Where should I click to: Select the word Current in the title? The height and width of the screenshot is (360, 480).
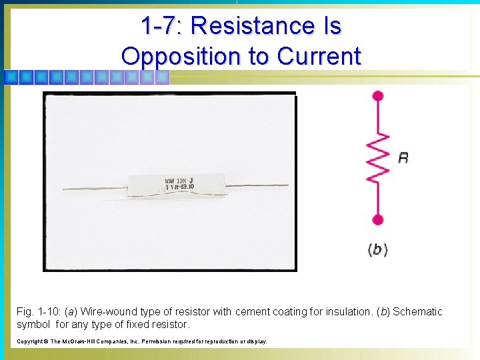click(x=319, y=56)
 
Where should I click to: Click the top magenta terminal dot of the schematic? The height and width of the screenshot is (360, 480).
click(x=378, y=96)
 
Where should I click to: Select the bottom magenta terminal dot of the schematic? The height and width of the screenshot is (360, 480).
click(x=378, y=219)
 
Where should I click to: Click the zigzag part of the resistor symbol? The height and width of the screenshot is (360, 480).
click(x=378, y=157)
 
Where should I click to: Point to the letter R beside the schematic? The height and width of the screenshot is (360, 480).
click(x=403, y=158)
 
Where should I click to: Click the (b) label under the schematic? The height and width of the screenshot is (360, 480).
click(x=377, y=250)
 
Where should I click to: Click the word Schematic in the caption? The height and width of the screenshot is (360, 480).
click(x=417, y=312)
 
